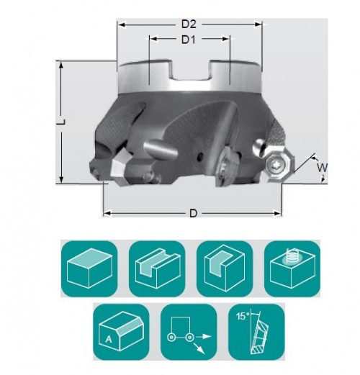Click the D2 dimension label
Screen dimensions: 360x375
click(189, 24)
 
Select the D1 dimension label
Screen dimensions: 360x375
click(189, 40)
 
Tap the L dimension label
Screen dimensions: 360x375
click(61, 122)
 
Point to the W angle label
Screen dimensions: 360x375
click(322, 168)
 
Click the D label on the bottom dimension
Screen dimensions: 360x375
click(193, 213)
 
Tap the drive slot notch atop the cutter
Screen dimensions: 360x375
click(192, 71)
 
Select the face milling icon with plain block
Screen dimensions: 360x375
click(89, 268)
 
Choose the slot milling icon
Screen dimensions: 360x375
click(157, 268)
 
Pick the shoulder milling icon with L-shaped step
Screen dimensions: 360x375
click(225, 268)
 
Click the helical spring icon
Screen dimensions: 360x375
click(291, 256)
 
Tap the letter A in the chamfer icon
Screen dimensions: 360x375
click(109, 340)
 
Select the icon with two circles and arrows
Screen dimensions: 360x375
click(189, 332)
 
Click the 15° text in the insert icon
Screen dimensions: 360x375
click(242, 317)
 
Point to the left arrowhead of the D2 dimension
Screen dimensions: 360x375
click(122, 24)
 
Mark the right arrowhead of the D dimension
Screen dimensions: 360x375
click(277, 213)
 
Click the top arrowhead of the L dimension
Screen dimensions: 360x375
click(61, 65)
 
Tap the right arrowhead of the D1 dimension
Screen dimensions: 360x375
click(225, 39)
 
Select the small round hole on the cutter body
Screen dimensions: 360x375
click(199, 158)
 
